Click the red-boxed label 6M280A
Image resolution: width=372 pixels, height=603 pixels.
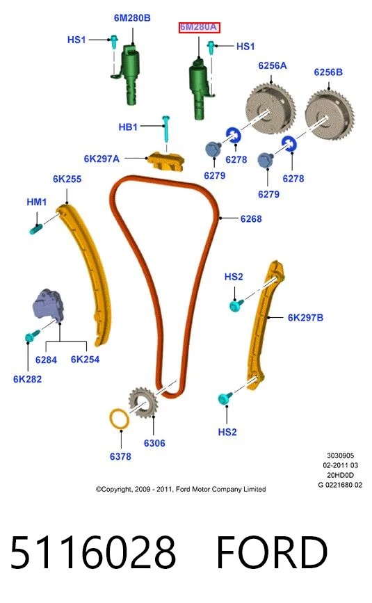(x=199, y=27)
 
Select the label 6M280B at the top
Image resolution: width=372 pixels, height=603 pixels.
(x=132, y=17)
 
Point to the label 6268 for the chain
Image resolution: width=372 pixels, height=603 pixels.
(x=251, y=219)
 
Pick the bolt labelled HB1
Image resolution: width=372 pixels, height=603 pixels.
(x=166, y=129)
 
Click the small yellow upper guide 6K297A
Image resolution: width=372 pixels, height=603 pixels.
(x=166, y=161)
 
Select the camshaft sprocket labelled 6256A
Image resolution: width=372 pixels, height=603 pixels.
(x=270, y=108)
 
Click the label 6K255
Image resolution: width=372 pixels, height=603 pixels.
(x=67, y=179)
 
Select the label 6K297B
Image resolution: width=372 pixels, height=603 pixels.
(x=305, y=318)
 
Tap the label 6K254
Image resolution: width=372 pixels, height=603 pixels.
(x=85, y=360)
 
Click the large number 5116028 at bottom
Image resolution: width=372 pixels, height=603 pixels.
(x=93, y=552)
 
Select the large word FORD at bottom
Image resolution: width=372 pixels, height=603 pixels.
(x=272, y=552)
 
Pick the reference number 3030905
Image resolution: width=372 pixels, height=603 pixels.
(x=340, y=456)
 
